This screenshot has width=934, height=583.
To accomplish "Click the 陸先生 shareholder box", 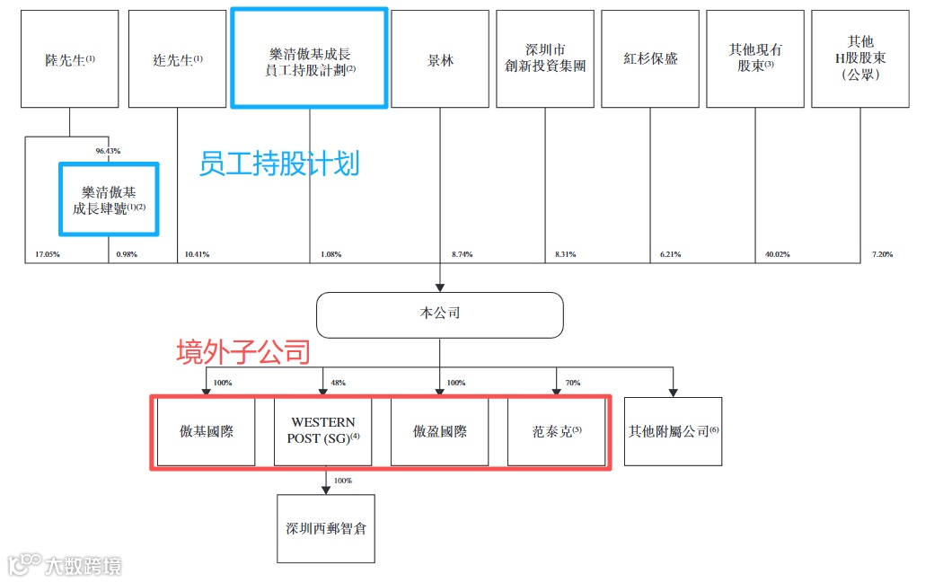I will [70, 59].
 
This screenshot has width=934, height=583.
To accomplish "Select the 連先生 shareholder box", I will [177, 59].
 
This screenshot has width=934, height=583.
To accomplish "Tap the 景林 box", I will [440, 59].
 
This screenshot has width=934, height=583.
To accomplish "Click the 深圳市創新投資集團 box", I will [546, 59].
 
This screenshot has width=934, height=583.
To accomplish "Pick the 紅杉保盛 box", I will [650, 59].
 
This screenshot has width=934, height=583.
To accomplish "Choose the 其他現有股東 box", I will [755, 59].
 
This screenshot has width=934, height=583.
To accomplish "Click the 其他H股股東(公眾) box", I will [859, 59].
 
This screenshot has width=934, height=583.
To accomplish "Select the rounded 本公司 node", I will [439, 314].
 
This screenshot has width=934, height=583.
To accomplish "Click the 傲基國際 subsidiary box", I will [207, 431].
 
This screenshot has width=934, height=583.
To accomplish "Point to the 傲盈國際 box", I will [439, 431].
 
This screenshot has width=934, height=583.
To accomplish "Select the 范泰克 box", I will [557, 431].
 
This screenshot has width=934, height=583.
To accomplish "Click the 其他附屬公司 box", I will [673, 431].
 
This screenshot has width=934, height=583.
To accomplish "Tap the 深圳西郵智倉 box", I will [326, 528].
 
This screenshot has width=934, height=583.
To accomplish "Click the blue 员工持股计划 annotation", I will [278, 163].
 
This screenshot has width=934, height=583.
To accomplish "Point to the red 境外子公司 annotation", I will [242, 352].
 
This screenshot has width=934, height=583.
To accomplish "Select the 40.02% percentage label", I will [778, 255].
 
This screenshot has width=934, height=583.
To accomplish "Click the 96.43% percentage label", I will [108, 151].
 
